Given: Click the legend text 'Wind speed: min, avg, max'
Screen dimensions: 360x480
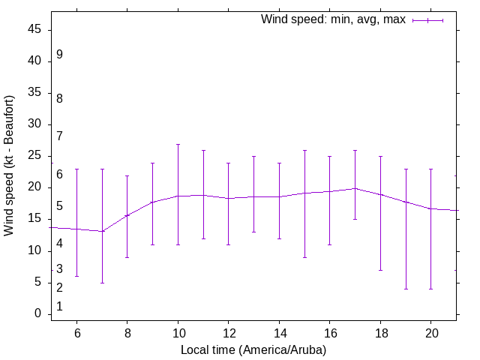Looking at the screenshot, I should pyautogui.click(x=332, y=19).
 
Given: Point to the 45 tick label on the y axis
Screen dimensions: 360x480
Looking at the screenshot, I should pyautogui.click(x=36, y=30).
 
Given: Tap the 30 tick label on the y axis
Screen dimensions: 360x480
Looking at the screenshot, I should pyautogui.click(x=36, y=124).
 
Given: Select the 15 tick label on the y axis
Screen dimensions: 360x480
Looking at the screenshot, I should pyautogui.click(x=36, y=219).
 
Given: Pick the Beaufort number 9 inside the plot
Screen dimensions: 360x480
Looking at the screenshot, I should pyautogui.click(x=59, y=55).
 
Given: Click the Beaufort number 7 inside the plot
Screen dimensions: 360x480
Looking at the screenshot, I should pyautogui.click(x=59, y=136).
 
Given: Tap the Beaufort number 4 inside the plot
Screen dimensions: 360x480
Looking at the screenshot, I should pyautogui.click(x=59, y=243).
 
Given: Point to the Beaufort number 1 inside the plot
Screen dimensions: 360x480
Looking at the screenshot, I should pyautogui.click(x=59, y=307).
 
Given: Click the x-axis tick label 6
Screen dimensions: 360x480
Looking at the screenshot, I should pyautogui.click(x=76, y=332).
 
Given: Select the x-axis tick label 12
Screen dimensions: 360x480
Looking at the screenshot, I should pyautogui.click(x=228, y=332).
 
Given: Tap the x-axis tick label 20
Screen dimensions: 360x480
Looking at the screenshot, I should pyautogui.click(x=430, y=332).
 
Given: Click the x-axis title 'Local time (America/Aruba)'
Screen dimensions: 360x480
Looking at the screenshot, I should pyautogui.click(x=253, y=349).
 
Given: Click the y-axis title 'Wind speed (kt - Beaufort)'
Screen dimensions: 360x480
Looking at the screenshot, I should pyautogui.click(x=10, y=165).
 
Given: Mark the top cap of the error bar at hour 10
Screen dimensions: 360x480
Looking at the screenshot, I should pyautogui.click(x=178, y=144).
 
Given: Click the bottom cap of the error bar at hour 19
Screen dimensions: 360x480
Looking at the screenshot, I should pyautogui.click(x=406, y=289).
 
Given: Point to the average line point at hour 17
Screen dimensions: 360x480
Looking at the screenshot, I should pyautogui.click(x=355, y=188).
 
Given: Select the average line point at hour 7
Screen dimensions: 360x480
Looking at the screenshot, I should pyautogui.click(x=102, y=231).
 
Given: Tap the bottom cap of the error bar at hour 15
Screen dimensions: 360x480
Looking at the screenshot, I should pyautogui.click(x=304, y=257).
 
